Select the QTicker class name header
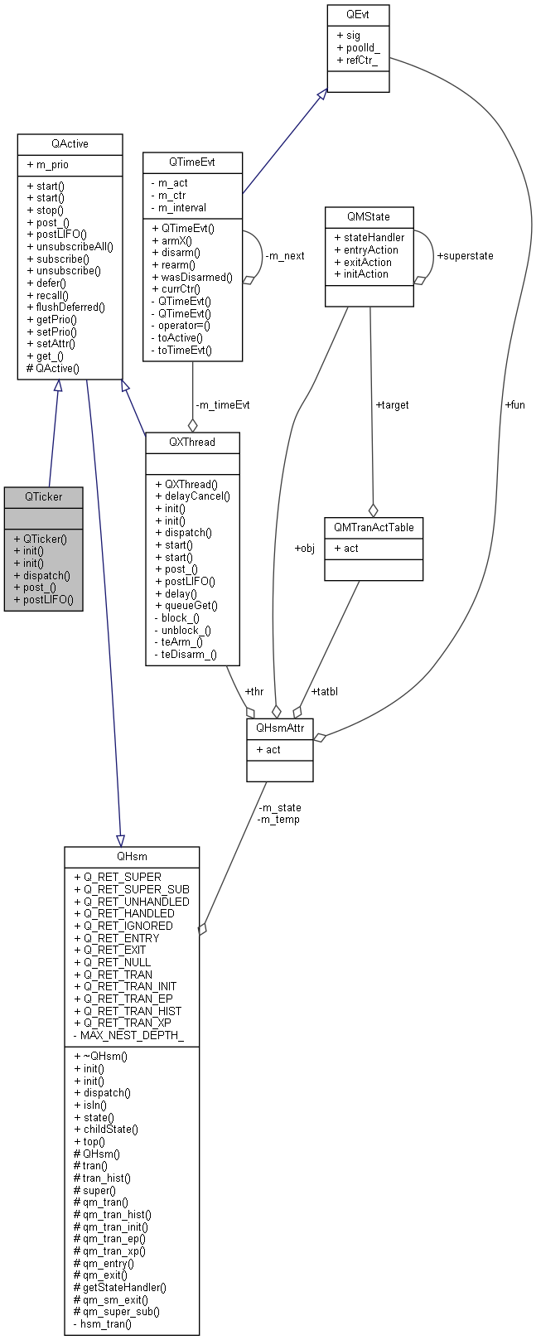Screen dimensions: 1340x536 coord(44,496)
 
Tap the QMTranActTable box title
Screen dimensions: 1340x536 coord(374,527)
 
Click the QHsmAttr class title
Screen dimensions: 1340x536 coord(280,728)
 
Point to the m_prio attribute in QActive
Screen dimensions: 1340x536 coord(51,164)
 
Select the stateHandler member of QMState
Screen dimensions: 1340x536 coord(374,237)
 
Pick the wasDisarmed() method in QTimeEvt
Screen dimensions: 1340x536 coord(196,277)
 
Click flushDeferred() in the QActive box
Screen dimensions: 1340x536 coord(70,307)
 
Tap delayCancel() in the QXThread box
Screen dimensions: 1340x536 coord(196,496)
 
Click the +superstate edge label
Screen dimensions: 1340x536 coord(465,256)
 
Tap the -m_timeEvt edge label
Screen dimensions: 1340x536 coord(222,405)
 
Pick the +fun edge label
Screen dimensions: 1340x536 coord(514,405)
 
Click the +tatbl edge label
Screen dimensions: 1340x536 coord(325,691)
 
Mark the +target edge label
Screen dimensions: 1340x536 coord(392,405)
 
